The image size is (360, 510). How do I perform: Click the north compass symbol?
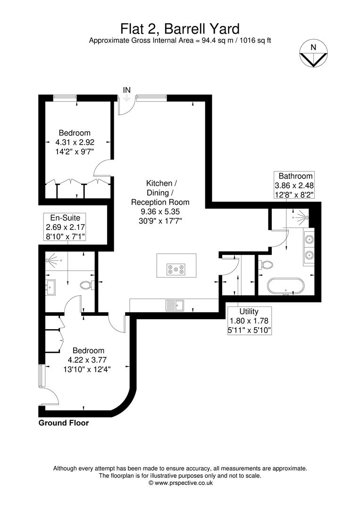[x=313, y=53]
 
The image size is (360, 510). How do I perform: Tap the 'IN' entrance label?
[x=126, y=90]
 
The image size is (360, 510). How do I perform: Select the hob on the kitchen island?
[x=176, y=270]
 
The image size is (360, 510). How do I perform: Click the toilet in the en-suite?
[x=87, y=285]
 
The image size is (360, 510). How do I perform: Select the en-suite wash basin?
[x=50, y=285]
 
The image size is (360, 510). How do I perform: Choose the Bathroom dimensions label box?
[x=295, y=185]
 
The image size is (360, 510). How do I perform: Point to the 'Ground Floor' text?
[x=63, y=423]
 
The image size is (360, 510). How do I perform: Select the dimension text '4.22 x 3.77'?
[x=88, y=360]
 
